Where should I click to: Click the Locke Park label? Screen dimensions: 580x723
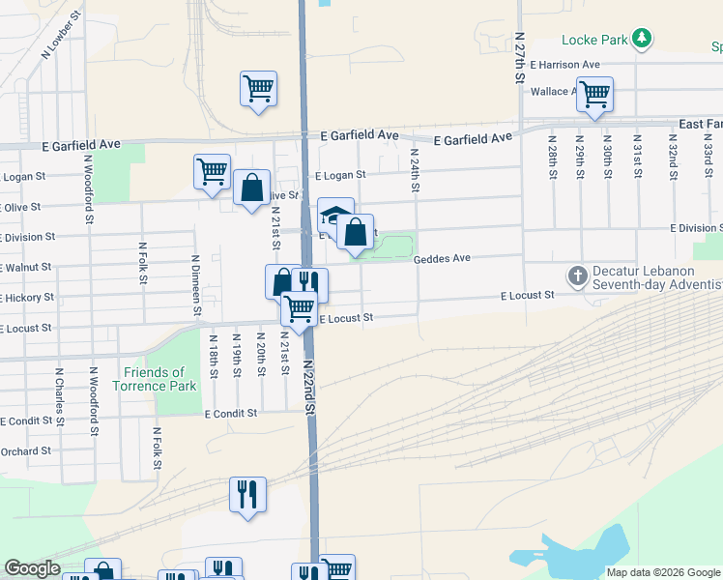pyautogui.click(x=593, y=41)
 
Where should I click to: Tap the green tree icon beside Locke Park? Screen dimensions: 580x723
pyautogui.click(x=641, y=40)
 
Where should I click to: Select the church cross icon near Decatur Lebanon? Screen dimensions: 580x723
pyautogui.click(x=577, y=277)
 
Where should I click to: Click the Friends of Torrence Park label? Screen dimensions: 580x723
pyautogui.click(x=160, y=379)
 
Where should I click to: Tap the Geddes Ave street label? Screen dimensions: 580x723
pyautogui.click(x=442, y=259)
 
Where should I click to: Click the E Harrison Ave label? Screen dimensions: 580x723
pyautogui.click(x=564, y=65)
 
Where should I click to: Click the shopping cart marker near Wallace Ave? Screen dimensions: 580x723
pyautogui.click(x=594, y=94)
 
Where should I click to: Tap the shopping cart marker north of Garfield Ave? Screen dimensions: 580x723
pyautogui.click(x=258, y=89)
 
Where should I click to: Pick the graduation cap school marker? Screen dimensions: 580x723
pyautogui.click(x=335, y=214)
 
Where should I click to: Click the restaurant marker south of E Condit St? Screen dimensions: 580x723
pyautogui.click(x=247, y=495)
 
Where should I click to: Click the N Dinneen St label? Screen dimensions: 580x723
pyautogui.click(x=196, y=284)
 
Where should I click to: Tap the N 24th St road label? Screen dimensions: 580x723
pyautogui.click(x=414, y=168)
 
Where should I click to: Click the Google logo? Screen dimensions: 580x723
pyautogui.click(x=32, y=568)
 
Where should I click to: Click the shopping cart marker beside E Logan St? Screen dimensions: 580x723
pyautogui.click(x=212, y=172)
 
